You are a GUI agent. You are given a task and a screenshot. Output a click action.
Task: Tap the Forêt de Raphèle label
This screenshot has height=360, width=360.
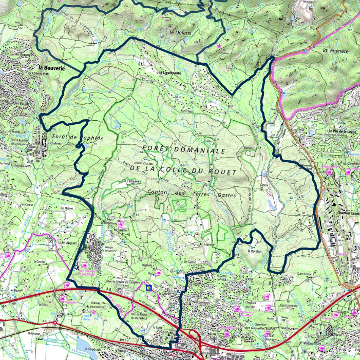coord(78,138)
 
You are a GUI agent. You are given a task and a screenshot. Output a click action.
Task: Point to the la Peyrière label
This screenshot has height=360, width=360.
coord(332,51)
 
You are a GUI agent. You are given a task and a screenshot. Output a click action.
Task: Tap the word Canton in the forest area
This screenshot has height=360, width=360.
coord(158,192)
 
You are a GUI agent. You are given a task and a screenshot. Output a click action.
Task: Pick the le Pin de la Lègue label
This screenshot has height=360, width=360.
coord(344,132)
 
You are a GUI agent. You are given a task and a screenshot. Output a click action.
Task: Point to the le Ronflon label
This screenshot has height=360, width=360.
coord(255,252)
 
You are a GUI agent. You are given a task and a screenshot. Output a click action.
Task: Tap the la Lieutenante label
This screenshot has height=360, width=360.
coord(170,72)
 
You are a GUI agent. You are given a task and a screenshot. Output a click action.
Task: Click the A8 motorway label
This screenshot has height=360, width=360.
coord(109,291)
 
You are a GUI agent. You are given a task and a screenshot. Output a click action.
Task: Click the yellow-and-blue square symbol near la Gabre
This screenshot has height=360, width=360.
coord(149,289)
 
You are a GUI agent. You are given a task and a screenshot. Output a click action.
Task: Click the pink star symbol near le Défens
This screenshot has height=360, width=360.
coord(219,46)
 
